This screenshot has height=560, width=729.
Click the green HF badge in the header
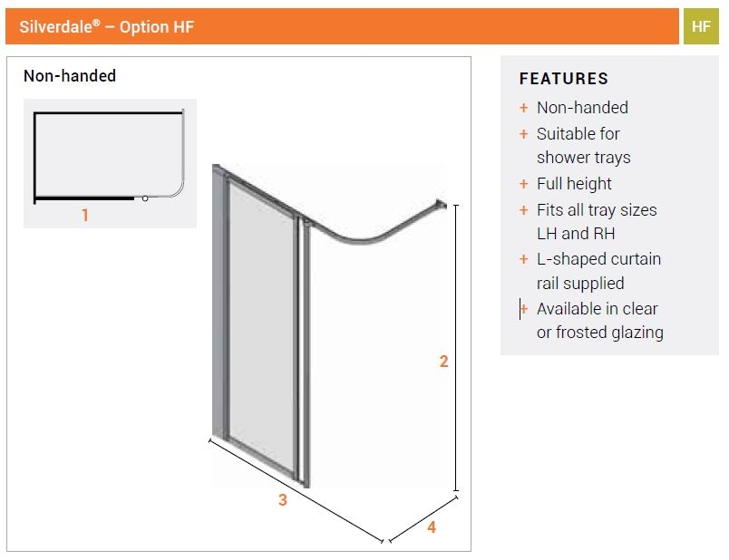pyautogui.click(x=701, y=26)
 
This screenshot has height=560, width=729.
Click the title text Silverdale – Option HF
pyautogui.click(x=107, y=27)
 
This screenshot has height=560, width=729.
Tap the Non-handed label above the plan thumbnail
pyautogui.click(x=70, y=76)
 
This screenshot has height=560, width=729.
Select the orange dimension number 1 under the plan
pyautogui.click(x=85, y=216)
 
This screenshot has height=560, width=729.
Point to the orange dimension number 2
pyautogui.click(x=443, y=362)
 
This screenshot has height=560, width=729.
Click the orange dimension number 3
pyautogui.click(x=283, y=500)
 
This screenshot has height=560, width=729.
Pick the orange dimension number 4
pyautogui.click(x=432, y=526)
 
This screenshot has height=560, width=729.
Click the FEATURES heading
pyautogui.click(x=563, y=79)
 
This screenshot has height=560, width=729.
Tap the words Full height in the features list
pyautogui.click(x=574, y=184)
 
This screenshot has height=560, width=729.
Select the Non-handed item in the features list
pyautogui.click(x=582, y=108)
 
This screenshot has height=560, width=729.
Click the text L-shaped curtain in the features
pyautogui.click(x=598, y=259)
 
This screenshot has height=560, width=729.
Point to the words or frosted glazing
pyautogui.click(x=599, y=333)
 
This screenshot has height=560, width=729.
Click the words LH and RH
pyautogui.click(x=576, y=234)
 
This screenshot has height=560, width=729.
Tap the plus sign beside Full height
pyautogui.click(x=523, y=184)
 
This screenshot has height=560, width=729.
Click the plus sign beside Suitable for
pyautogui.click(x=523, y=134)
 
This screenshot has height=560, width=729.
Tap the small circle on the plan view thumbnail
pyautogui.click(x=144, y=198)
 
